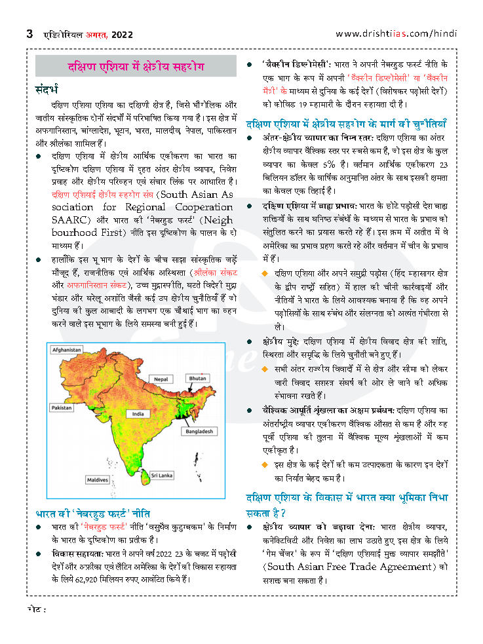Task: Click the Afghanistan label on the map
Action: tap(67, 350)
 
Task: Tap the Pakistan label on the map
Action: tap(62, 407)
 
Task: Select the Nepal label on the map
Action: tap(161, 379)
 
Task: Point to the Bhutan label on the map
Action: tap(198, 379)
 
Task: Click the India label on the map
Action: tap(138, 414)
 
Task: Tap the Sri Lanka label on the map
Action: tap(161, 474)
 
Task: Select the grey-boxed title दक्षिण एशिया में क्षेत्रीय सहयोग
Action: tap(136, 67)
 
